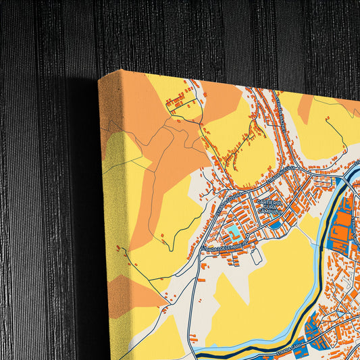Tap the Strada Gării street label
point(287,351)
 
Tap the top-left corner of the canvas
point(99,77)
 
